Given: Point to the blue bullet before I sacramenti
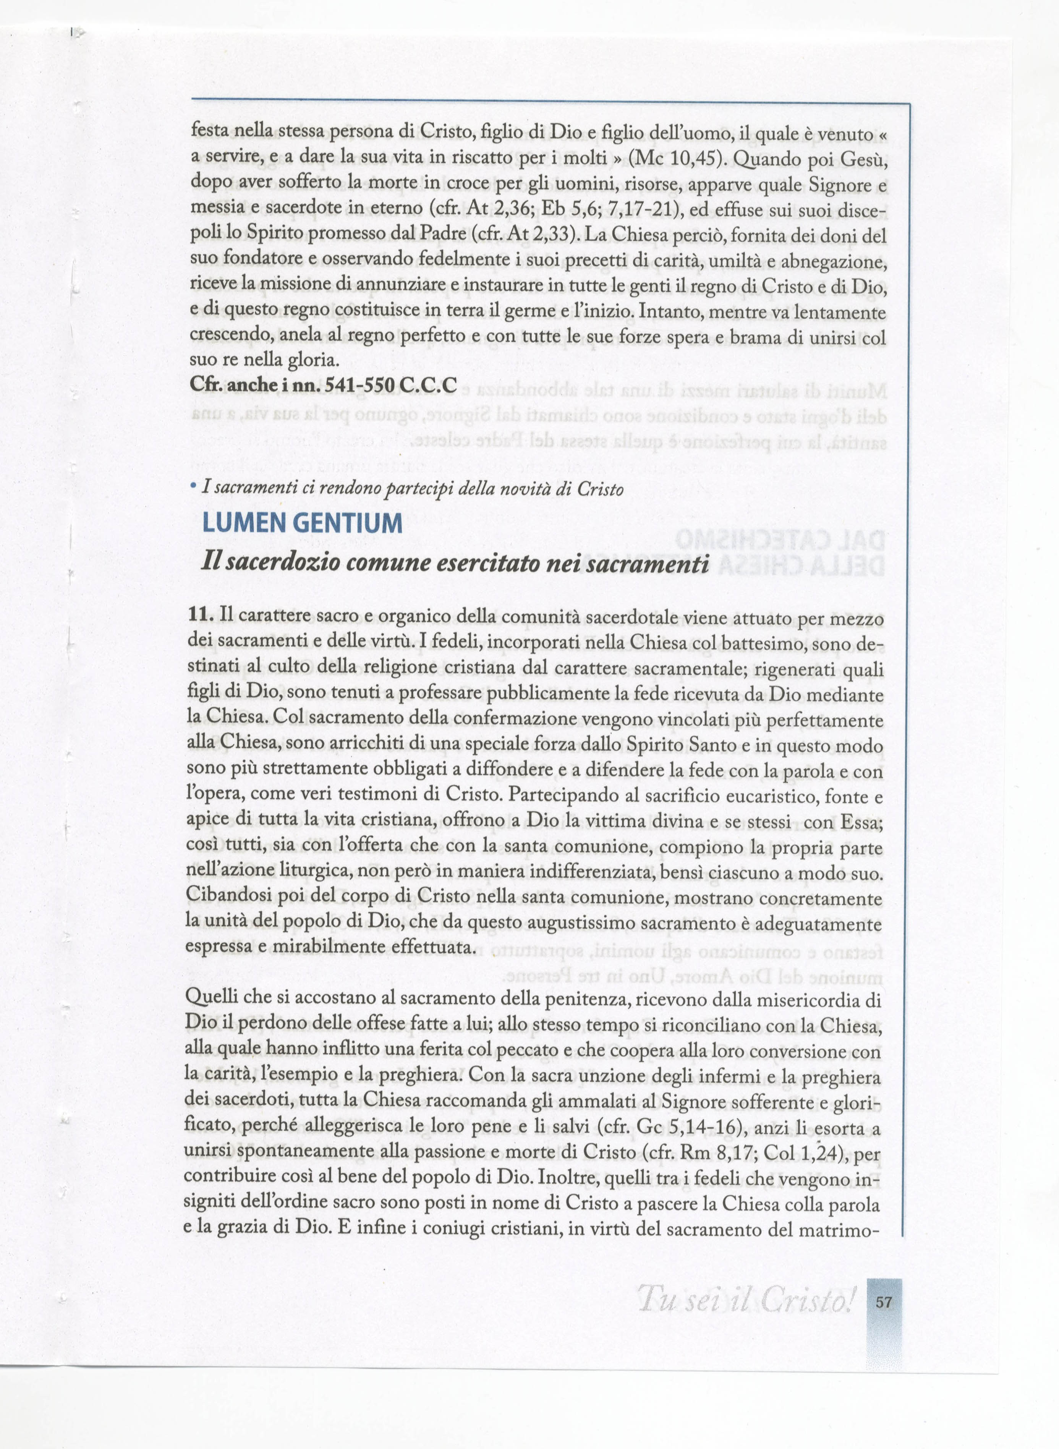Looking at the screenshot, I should (x=194, y=488).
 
